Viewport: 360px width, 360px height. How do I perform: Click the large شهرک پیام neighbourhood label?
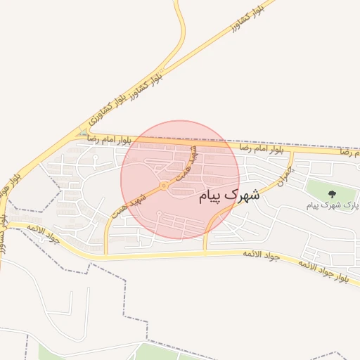pos(229,196)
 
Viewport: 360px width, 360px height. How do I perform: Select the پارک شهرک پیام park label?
pos(333,205)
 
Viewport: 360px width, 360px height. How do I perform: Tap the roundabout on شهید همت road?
pos(163,186)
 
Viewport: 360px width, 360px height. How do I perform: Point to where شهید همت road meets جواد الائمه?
pos(106,254)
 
